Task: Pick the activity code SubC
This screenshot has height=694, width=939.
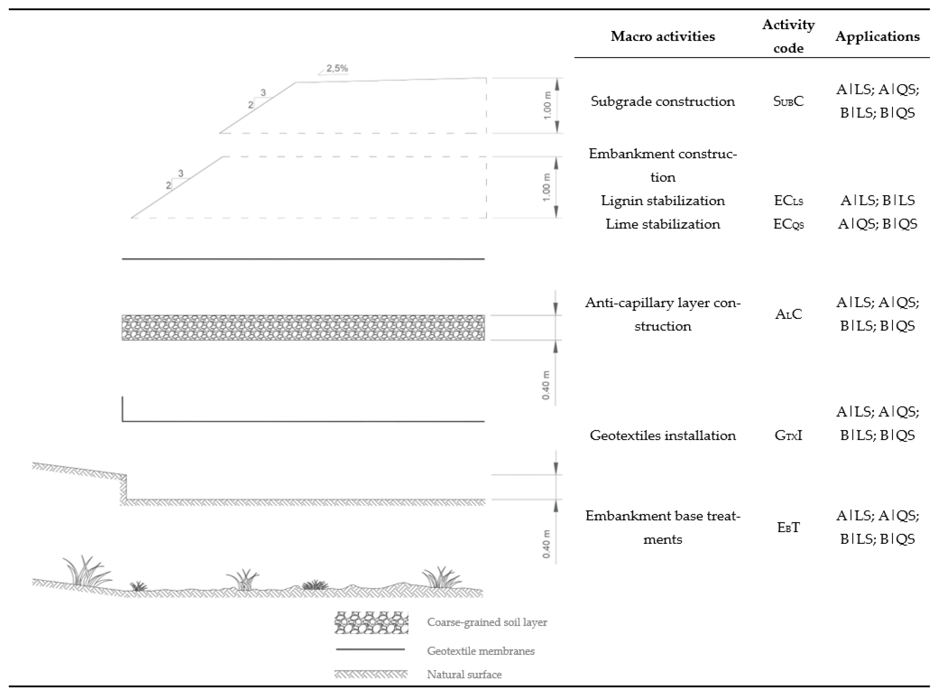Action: point(788,101)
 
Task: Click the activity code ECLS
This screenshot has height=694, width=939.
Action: point(788,200)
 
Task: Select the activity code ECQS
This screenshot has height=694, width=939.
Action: point(788,224)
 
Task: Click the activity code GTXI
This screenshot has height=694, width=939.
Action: point(788,435)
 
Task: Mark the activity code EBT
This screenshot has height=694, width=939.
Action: point(788,527)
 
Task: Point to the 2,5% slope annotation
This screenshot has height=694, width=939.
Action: point(337,68)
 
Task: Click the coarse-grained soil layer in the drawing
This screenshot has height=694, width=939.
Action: point(303,327)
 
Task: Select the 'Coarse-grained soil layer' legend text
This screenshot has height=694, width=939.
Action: point(487,622)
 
